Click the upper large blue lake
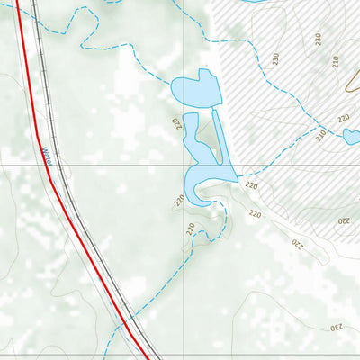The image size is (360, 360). click(196, 90)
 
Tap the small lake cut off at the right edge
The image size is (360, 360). click(352, 137)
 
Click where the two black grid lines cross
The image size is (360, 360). click(186, 166)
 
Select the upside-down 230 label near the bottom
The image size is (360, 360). click(337, 326)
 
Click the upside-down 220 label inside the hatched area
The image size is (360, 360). click(343, 220)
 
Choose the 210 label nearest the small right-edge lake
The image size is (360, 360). click(321, 136)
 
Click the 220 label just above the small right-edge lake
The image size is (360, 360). click(343, 118)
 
